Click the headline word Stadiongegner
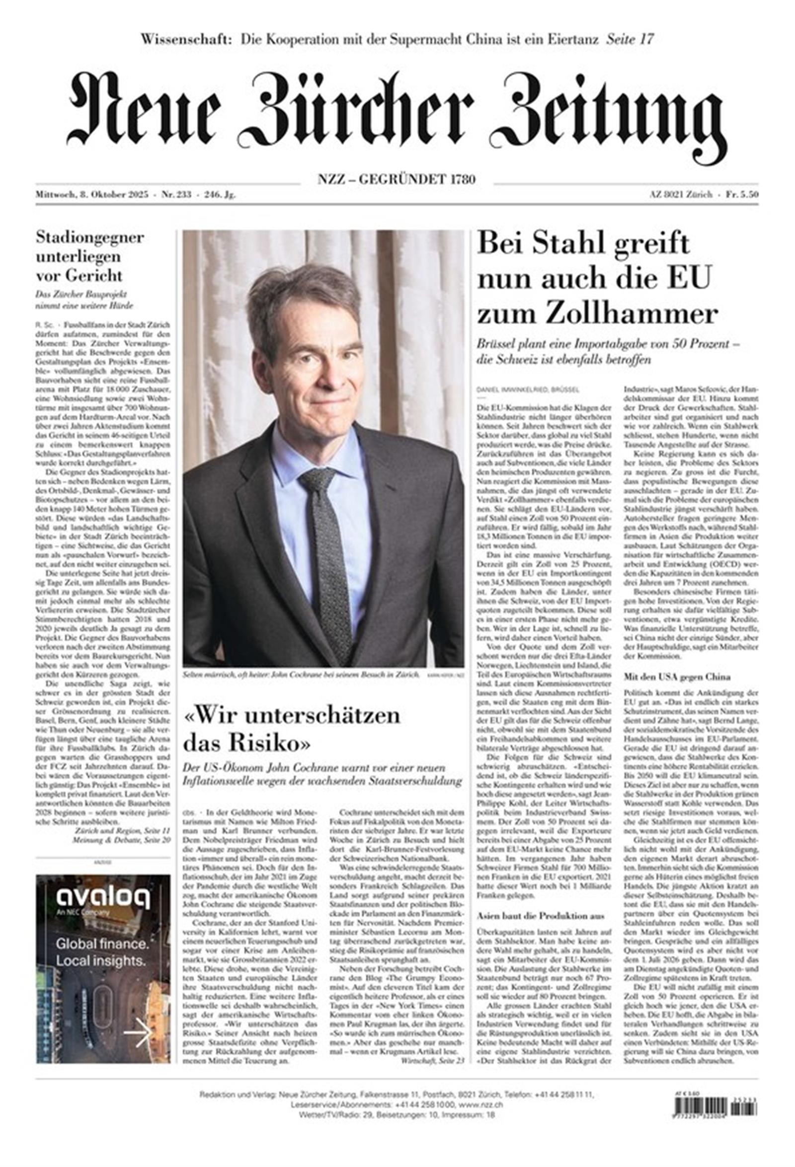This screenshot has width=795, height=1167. click(x=89, y=237)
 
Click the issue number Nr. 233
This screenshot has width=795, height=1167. click(x=176, y=195)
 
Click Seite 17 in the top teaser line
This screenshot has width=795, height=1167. click(x=630, y=39)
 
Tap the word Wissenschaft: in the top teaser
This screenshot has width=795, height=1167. click(x=186, y=39)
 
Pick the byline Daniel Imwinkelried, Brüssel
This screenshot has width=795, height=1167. click(x=527, y=389)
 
